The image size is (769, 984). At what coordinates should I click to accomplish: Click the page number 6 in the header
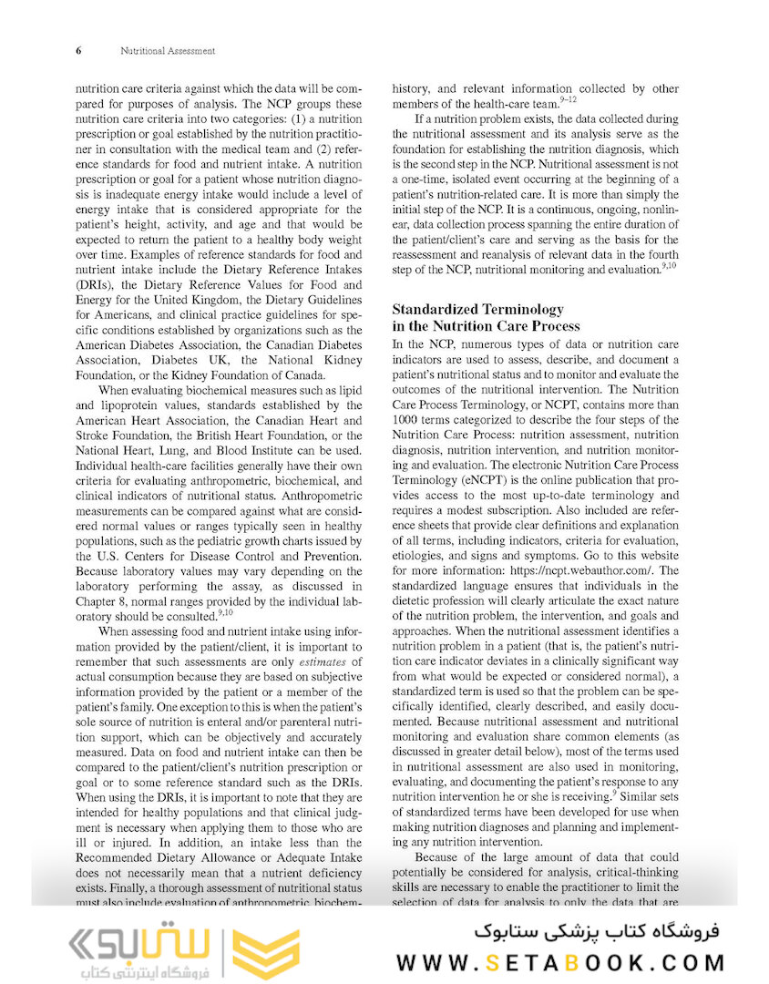point(77,51)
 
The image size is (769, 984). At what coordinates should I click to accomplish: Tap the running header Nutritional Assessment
point(168,51)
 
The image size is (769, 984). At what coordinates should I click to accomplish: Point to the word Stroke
point(96,436)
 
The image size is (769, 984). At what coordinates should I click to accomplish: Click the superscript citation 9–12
point(568,99)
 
